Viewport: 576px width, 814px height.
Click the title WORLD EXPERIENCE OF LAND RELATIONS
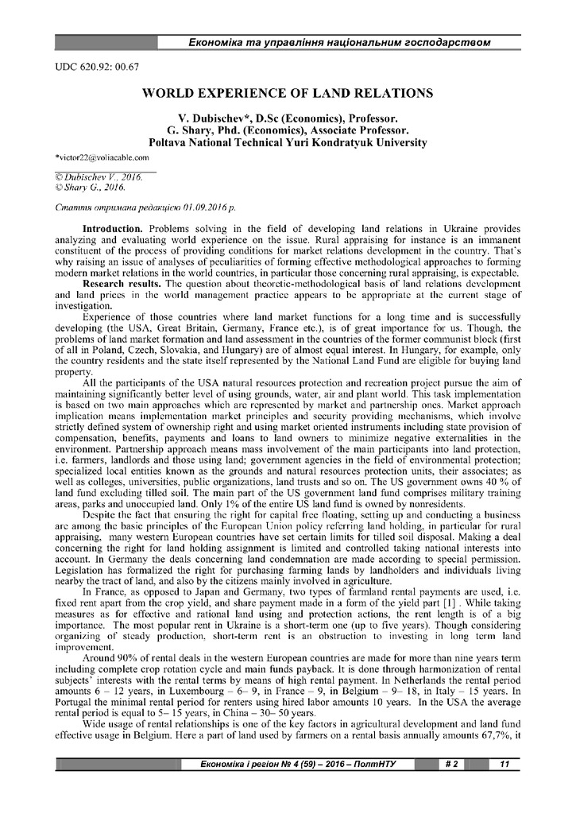[x=287, y=93]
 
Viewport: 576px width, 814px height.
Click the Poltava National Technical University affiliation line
[x=287, y=142]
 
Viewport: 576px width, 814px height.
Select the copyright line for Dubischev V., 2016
[x=99, y=176]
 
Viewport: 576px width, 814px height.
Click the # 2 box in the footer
[x=450, y=765]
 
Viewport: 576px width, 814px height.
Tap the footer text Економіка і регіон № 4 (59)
[x=262, y=765]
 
